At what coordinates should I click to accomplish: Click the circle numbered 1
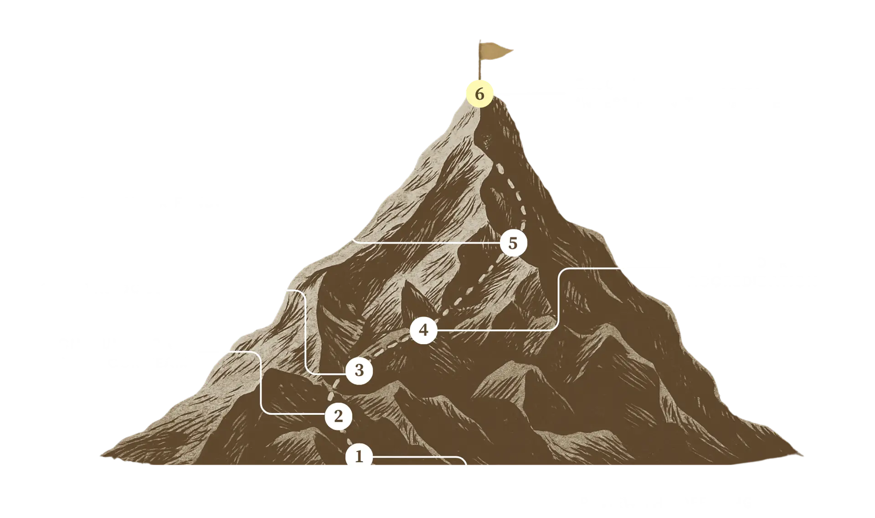tap(359, 457)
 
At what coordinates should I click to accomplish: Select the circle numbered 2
tap(338, 416)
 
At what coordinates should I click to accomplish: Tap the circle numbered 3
tap(359, 371)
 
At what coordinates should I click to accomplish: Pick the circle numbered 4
tap(424, 330)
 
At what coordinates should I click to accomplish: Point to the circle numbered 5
tap(513, 244)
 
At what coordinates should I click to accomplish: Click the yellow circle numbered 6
tap(479, 94)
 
